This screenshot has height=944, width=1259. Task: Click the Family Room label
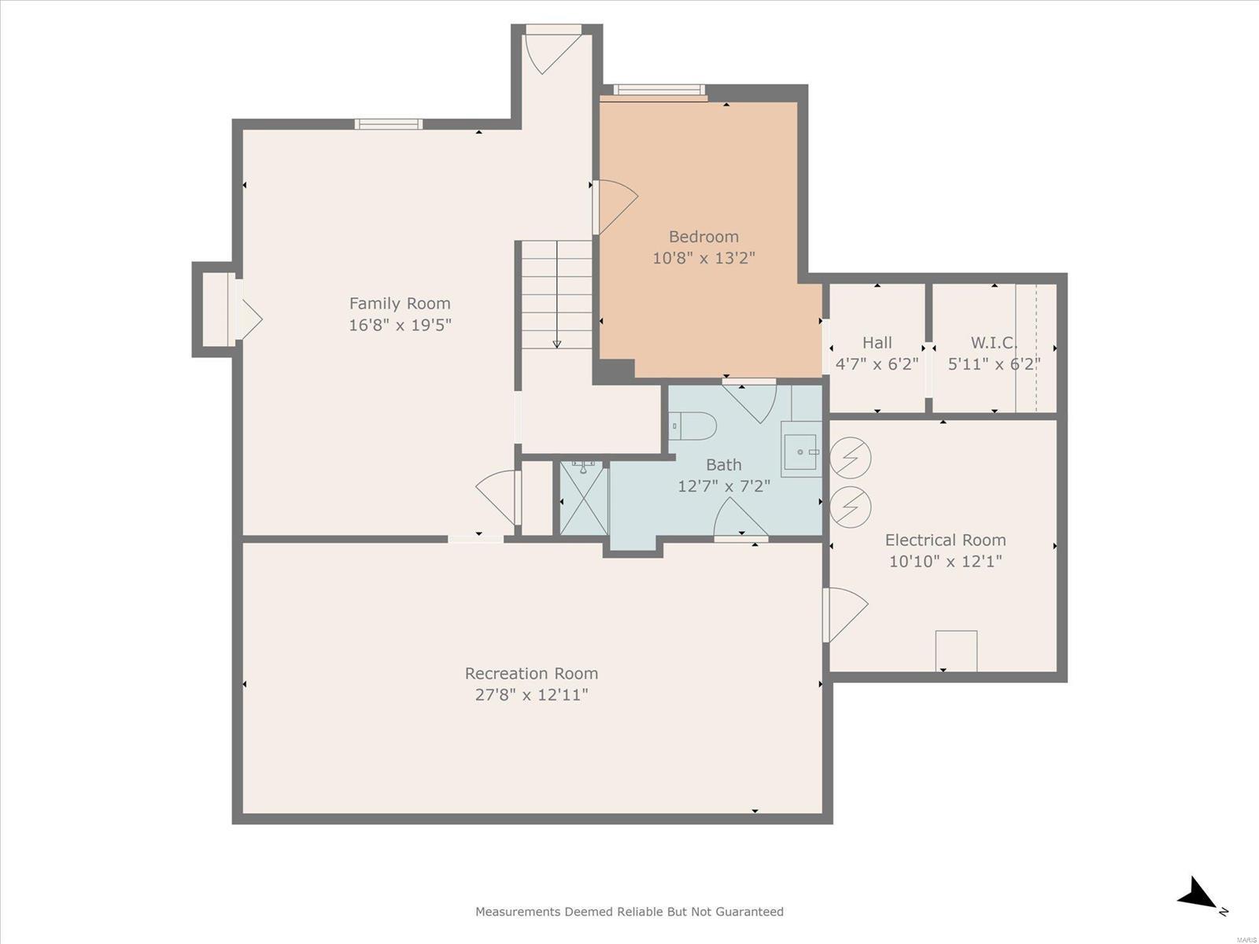400,303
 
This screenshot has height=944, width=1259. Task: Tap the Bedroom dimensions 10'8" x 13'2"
703,258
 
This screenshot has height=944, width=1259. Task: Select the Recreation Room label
531,673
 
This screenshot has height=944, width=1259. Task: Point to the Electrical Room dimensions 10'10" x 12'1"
945,561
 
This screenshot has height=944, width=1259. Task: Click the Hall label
877,343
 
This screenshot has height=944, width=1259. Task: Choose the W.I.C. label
994,343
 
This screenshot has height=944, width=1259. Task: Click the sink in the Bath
800,452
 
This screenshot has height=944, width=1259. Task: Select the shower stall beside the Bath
584,498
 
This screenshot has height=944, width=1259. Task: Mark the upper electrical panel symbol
851,457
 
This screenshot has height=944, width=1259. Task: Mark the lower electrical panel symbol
851,507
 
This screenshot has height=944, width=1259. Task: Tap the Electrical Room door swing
845,614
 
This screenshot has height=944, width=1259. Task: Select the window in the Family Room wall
388,124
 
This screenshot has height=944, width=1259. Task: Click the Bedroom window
659,90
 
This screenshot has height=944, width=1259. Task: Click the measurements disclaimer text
629,911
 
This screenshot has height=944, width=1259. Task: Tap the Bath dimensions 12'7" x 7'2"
724,486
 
